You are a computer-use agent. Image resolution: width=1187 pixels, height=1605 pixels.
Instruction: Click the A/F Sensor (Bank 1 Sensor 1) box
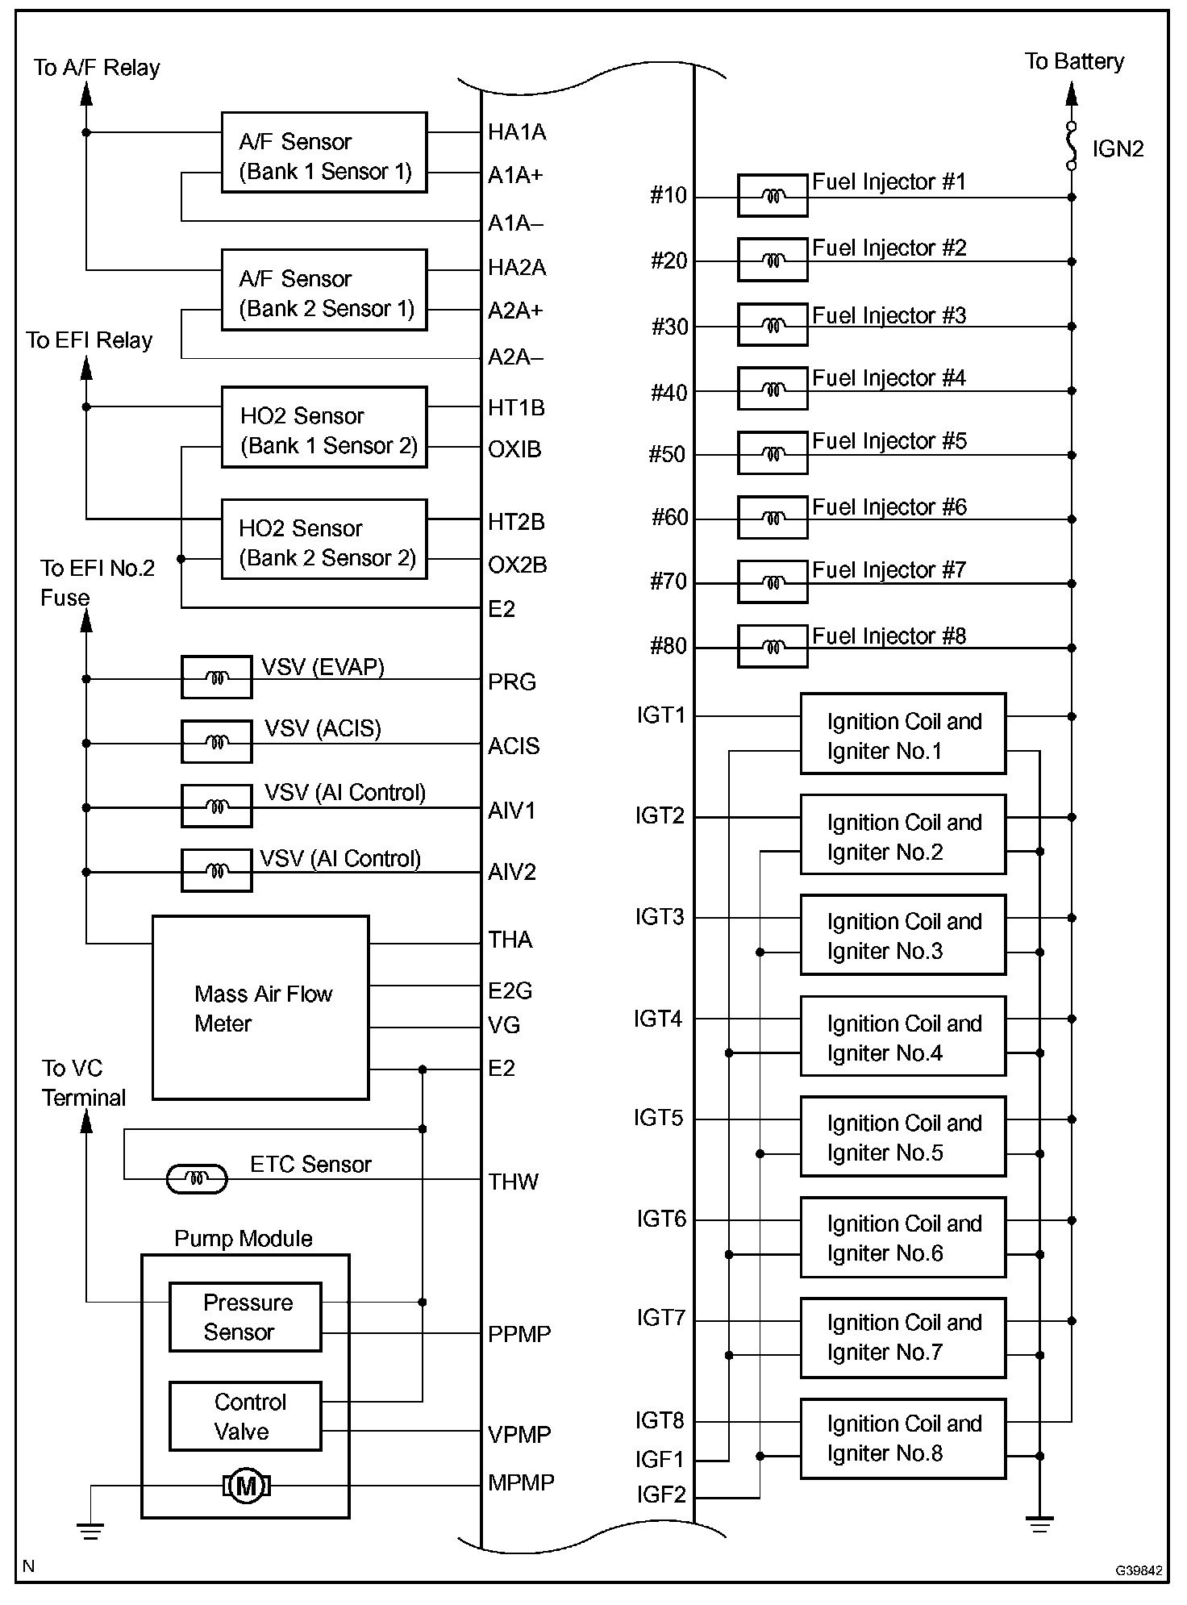tap(324, 152)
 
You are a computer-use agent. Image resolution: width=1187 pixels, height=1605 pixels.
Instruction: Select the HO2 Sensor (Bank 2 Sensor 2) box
tap(324, 540)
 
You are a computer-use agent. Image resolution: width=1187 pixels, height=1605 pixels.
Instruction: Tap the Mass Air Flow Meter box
tap(260, 1007)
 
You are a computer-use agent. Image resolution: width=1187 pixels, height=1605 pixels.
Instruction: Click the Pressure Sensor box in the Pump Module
tap(245, 1317)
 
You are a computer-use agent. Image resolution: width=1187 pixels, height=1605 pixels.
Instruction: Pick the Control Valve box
tap(245, 1416)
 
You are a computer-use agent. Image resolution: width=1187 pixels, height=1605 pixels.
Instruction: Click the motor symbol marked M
tap(246, 1486)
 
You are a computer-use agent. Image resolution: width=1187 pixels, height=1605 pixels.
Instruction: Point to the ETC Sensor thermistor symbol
tap(196, 1179)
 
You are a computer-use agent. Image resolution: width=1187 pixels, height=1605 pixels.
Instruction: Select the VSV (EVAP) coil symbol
tap(216, 677)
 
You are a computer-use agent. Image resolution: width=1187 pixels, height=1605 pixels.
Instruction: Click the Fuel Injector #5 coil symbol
tap(773, 453)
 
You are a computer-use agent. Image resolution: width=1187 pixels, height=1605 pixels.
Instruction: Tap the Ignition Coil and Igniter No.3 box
tap(903, 935)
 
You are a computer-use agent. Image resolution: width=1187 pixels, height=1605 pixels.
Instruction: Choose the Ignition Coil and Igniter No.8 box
tap(903, 1439)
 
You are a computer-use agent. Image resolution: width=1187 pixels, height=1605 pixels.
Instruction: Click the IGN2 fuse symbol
tap(1072, 146)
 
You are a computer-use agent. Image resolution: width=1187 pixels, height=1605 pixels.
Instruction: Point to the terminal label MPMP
tap(521, 1482)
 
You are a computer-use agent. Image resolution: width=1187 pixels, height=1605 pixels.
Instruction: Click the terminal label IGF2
tap(661, 1495)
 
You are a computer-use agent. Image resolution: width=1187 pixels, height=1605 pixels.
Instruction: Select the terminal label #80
tap(668, 646)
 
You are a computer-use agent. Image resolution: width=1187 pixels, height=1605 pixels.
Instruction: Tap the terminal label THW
tap(513, 1182)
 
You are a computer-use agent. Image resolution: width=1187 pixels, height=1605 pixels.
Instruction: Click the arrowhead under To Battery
tap(1072, 94)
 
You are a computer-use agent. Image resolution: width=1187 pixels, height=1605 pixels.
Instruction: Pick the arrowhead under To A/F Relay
tap(86, 94)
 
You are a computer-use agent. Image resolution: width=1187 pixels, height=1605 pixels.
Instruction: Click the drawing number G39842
tap(1139, 1570)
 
